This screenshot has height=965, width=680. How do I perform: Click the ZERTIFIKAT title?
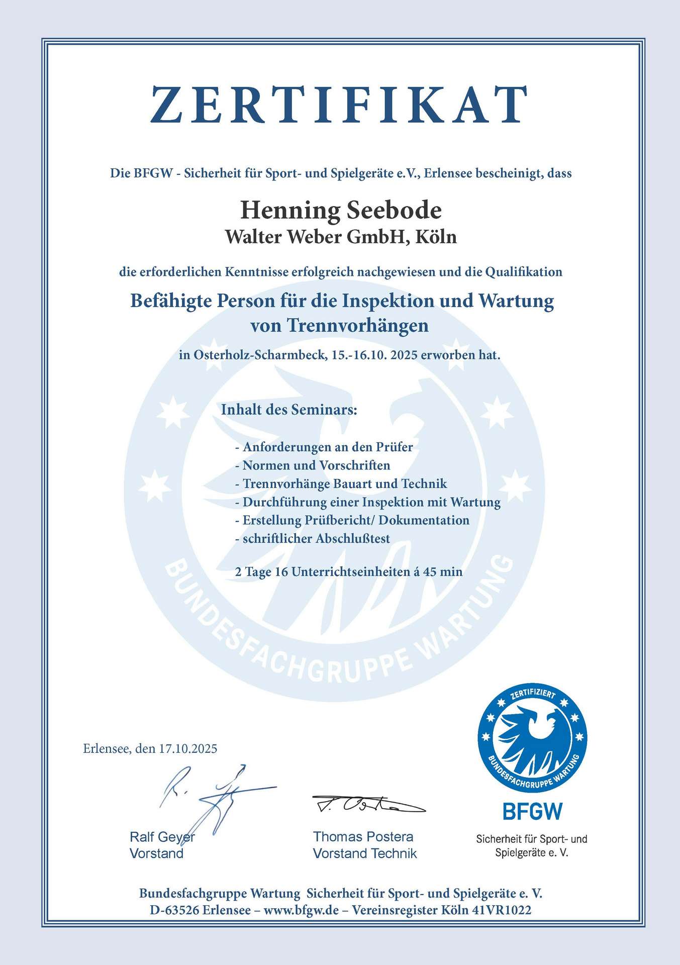(340, 105)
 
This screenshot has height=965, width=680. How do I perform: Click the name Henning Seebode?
(341, 210)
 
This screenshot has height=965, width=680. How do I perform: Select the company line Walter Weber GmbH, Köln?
(341, 236)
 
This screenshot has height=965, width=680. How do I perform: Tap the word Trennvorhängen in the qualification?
(357, 326)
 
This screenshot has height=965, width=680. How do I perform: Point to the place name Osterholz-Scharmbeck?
(259, 355)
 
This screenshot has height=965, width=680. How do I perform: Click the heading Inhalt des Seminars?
(289, 410)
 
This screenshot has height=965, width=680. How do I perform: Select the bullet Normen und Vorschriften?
(316, 465)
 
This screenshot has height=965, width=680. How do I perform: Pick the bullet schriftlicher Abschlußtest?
(316, 538)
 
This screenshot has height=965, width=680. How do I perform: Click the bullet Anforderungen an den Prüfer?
(328, 447)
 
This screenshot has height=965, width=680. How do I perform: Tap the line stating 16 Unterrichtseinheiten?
(348, 571)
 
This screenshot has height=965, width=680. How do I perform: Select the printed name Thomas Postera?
(363, 837)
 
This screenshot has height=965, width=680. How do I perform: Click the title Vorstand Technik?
(365, 853)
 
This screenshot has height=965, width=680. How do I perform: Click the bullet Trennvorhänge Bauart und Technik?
(345, 484)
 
